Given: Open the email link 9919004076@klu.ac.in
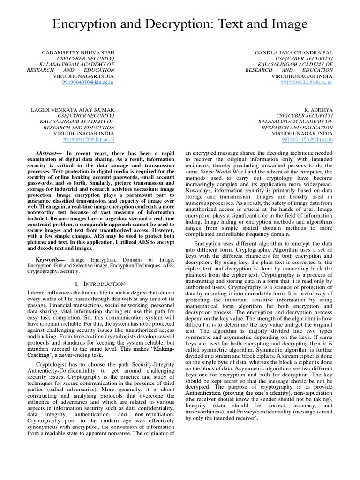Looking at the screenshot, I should tap(88, 82).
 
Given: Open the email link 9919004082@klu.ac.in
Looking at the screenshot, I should tap(307, 82).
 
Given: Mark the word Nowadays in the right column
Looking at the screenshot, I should tap(200, 191).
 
